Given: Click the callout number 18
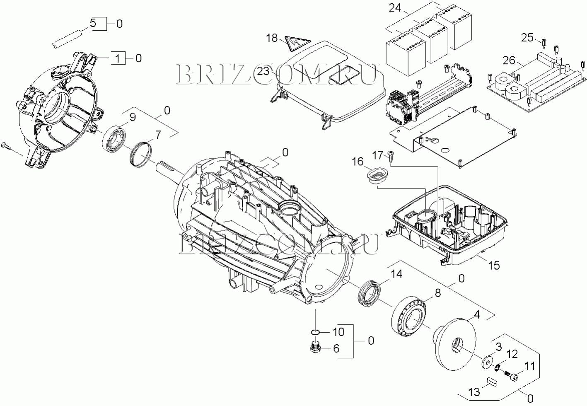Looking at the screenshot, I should click(x=272, y=38).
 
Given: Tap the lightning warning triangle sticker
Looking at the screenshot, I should click(x=297, y=43).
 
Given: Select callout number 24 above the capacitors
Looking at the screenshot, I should click(x=396, y=7).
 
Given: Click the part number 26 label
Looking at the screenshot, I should click(x=509, y=61).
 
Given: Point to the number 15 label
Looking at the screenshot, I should click(x=494, y=265).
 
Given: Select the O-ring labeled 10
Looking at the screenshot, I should click(x=314, y=332).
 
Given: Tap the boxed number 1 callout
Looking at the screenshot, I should click(x=118, y=59).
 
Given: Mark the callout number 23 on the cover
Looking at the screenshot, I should click(x=263, y=71).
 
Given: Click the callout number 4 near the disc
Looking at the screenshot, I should click(x=477, y=314).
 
